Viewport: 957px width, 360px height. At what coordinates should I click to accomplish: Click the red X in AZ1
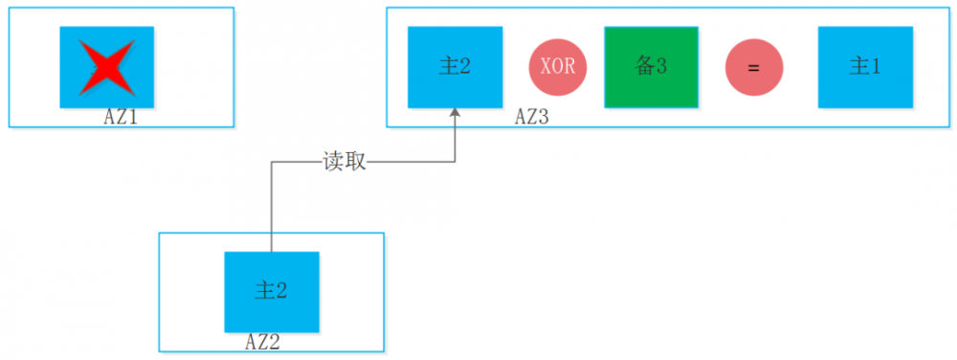(107, 67)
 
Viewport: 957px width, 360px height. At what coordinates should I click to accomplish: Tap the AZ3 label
(532, 117)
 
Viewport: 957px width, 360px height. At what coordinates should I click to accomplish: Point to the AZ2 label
(264, 341)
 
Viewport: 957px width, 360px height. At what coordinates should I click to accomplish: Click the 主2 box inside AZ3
(455, 66)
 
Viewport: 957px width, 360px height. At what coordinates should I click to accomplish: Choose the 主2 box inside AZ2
(271, 291)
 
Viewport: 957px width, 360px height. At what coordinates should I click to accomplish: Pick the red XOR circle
(558, 67)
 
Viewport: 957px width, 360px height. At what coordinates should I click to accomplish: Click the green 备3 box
(651, 66)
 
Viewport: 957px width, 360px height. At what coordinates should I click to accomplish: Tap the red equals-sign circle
(753, 67)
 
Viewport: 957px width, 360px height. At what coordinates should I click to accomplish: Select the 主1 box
(865, 66)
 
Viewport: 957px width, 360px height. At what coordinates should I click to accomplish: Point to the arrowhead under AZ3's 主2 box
(455, 114)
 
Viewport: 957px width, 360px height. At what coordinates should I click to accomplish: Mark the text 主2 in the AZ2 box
(271, 291)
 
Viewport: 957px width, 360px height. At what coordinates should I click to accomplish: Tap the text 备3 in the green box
(651, 66)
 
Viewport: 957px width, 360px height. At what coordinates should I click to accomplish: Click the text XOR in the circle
(558, 67)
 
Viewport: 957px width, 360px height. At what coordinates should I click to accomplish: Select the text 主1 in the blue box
(865, 66)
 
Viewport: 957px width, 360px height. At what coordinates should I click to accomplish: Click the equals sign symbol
(753, 67)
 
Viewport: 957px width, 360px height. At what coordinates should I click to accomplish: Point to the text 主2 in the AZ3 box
(455, 66)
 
